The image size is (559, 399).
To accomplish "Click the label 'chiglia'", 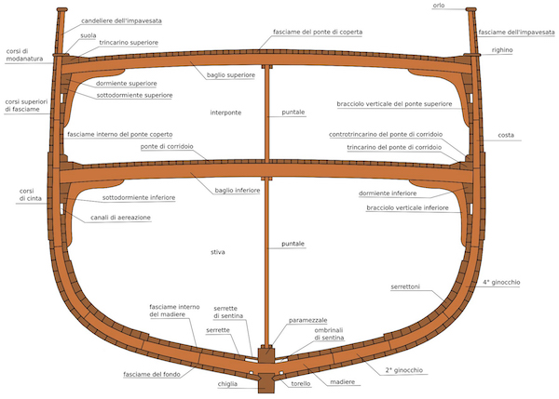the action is [x=227, y=384].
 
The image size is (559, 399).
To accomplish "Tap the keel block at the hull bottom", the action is [x=266, y=383].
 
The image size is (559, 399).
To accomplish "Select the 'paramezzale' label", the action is [x=307, y=320].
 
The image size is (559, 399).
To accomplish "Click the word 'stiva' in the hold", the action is [x=217, y=252].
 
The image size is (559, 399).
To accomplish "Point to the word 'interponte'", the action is [x=225, y=113].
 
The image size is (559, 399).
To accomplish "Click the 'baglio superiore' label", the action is [x=231, y=75].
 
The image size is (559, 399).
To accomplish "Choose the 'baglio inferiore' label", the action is [x=238, y=191].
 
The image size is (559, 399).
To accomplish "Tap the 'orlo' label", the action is [x=439, y=6].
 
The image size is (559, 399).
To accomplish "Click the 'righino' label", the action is [x=502, y=50].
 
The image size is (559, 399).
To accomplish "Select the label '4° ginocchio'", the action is [x=501, y=282].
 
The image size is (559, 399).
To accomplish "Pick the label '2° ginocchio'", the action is [x=404, y=370].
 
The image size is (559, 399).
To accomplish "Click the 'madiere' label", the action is [x=342, y=382].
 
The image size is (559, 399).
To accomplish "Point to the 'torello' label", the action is [x=301, y=384].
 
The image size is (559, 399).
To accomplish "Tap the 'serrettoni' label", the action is [x=405, y=286].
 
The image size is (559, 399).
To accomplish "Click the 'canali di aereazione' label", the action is [x=120, y=218].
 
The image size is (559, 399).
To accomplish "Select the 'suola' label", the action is [x=89, y=35].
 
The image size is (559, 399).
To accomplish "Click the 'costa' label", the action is [x=506, y=135].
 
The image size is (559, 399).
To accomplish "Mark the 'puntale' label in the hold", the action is [x=293, y=244].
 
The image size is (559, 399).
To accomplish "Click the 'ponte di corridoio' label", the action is [x=167, y=147].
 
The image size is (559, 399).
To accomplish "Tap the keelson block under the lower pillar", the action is [x=266, y=353].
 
